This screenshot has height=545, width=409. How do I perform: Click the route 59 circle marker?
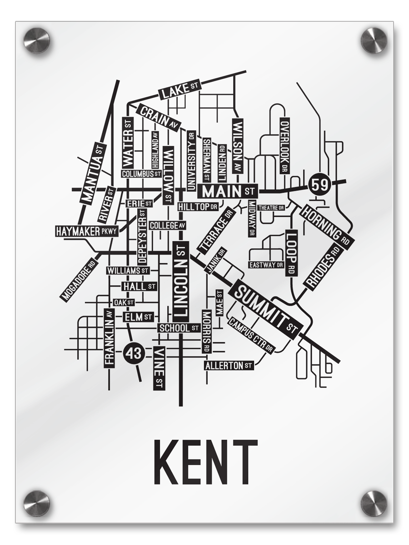tap(319, 185)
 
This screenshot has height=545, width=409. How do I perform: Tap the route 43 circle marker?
tap(134, 352)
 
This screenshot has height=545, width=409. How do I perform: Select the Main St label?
tap(228, 191)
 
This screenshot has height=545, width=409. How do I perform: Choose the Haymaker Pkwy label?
tap(87, 232)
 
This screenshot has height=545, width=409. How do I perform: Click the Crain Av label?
tap(158, 117)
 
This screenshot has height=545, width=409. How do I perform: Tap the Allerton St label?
tap(229, 365)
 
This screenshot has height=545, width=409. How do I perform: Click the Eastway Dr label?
tap(266, 264)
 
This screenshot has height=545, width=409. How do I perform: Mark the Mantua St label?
tap(93, 173)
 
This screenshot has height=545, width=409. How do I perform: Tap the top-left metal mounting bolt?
tap(36, 40)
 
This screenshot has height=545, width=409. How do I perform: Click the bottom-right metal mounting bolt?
tap(374, 503)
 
